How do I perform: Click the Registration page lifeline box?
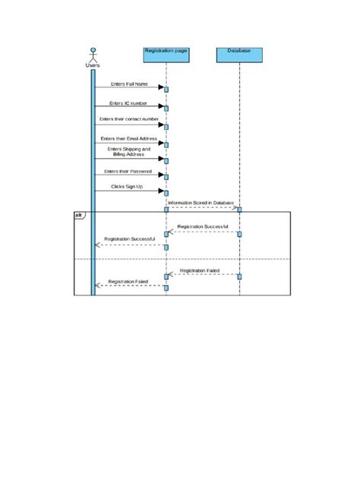coord(166,51)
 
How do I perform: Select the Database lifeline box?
coord(239,51)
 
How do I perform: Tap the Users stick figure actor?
coord(93,54)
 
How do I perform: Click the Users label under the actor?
coord(93,65)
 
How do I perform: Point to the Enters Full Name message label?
coord(128,84)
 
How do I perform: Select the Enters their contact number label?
coord(128,119)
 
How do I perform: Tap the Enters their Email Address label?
coord(128,139)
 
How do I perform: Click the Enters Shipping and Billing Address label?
coord(129,152)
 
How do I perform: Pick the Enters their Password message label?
coord(128,172)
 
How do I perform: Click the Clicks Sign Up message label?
coord(128,186)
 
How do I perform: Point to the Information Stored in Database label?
coord(201,203)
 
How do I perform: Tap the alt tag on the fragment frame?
coord(79,216)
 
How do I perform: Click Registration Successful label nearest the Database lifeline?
coord(202,227)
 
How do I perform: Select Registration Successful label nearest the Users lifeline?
coord(130,239)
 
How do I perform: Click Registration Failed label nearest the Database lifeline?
coord(201,270)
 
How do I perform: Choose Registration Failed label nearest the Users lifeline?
coord(128,281)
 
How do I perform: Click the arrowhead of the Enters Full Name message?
coord(160,88)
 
